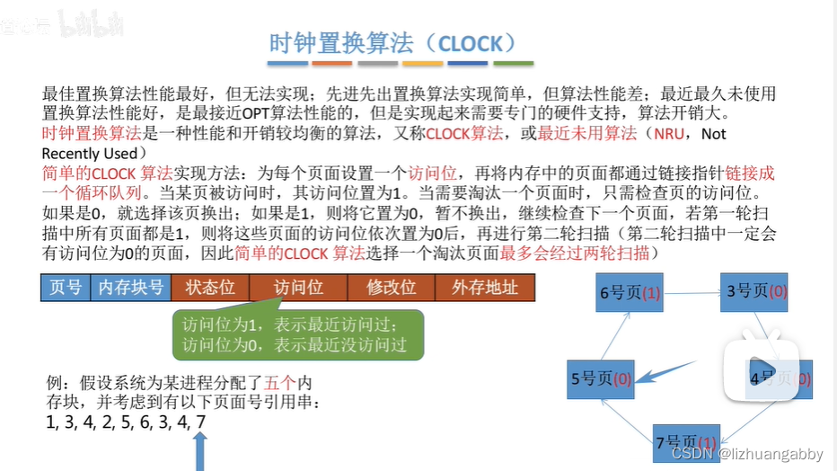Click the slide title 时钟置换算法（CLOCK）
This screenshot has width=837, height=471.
click(394, 42)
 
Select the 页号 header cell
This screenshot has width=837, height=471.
click(66, 288)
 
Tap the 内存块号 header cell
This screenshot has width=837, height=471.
click(130, 288)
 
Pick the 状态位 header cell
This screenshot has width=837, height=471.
click(209, 288)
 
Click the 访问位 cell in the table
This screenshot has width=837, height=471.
click(299, 288)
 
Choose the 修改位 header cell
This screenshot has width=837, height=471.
click(392, 288)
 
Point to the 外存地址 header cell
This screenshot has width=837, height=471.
click(484, 288)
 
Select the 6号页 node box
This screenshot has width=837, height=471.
click(630, 293)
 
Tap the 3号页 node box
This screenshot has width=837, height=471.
click(756, 290)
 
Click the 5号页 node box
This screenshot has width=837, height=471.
click(599, 378)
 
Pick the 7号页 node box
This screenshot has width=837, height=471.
click(685, 441)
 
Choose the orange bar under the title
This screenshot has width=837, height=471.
click(332, 64)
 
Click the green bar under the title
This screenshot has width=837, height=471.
click(513, 64)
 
